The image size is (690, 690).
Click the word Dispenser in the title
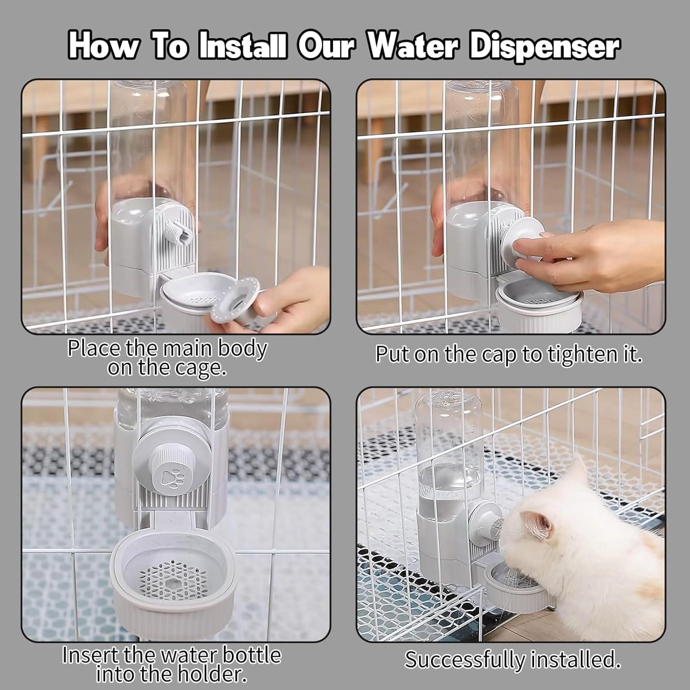[545, 47]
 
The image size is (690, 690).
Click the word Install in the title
[243, 47]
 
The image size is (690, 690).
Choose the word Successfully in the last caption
[465, 660]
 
